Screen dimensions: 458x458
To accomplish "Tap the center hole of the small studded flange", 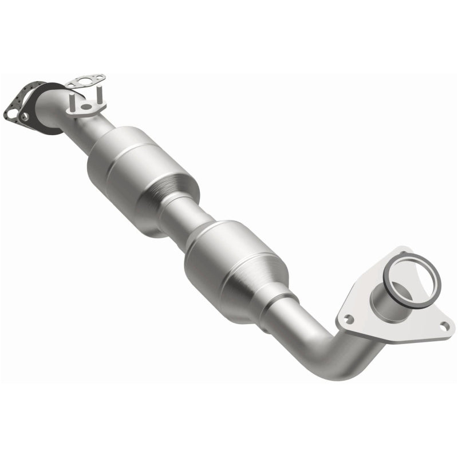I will [x=86, y=106].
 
